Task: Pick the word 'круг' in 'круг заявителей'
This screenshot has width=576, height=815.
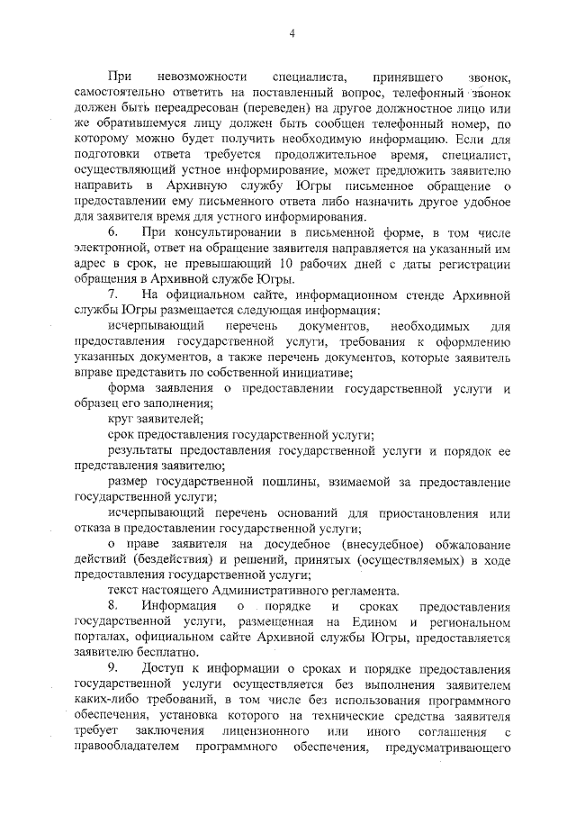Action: point(121,418)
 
